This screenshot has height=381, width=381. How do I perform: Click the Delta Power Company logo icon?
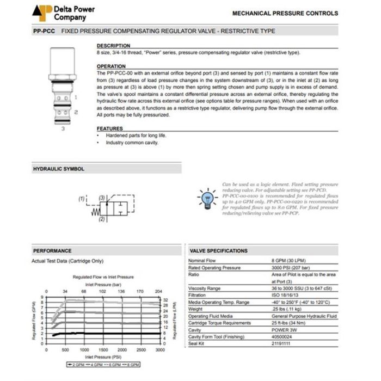point(42,13)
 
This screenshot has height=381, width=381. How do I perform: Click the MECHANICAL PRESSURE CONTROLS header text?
point(285,13)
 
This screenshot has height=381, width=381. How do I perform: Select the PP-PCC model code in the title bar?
point(44,32)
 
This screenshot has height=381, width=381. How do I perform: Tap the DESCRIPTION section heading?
point(113,46)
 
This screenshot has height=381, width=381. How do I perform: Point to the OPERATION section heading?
point(111,66)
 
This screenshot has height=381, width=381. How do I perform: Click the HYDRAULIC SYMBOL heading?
point(59,169)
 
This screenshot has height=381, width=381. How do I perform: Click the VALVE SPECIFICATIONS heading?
point(218,251)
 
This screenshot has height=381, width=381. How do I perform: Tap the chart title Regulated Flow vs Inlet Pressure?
point(103,277)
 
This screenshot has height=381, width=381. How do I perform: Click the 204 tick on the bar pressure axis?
point(158,291)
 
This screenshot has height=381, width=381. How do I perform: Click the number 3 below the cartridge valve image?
point(63,129)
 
